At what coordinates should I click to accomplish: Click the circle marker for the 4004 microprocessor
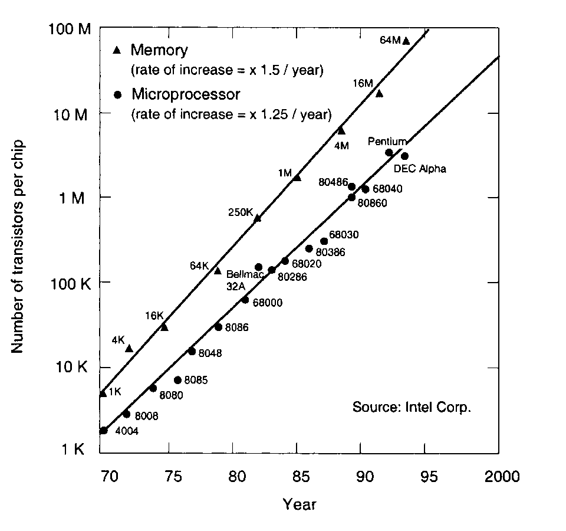pyautogui.click(x=104, y=431)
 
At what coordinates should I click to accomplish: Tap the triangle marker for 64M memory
pyautogui.click(x=406, y=40)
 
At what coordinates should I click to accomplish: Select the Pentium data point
pyautogui.click(x=389, y=153)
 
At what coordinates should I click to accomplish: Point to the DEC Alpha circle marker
pyautogui.click(x=404, y=156)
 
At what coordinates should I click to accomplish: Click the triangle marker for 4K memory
pyautogui.click(x=129, y=348)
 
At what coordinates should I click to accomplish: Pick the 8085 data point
pyautogui.click(x=177, y=380)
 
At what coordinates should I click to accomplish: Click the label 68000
pyautogui.click(x=268, y=303)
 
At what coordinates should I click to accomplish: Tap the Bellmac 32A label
pyautogui.click(x=241, y=280)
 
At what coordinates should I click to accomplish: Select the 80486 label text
pyautogui.click(x=333, y=182)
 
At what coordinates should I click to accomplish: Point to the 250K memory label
pyautogui.click(x=240, y=212)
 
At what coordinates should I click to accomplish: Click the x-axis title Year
pyautogui.click(x=300, y=504)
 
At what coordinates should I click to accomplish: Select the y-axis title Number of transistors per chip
pyautogui.click(x=18, y=247)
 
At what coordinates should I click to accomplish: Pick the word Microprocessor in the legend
pyautogui.click(x=186, y=94)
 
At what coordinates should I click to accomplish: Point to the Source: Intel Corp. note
pyautogui.click(x=412, y=408)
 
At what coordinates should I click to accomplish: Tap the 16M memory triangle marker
pyautogui.click(x=379, y=93)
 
